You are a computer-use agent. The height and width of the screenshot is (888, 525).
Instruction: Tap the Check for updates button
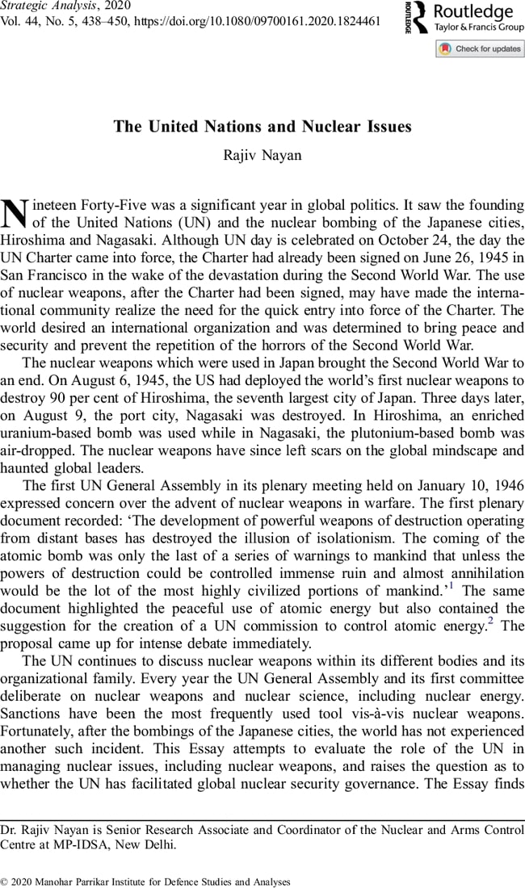click(480, 48)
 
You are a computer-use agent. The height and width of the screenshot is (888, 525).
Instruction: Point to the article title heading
click(262, 127)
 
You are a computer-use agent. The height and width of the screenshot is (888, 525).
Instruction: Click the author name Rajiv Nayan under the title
click(262, 155)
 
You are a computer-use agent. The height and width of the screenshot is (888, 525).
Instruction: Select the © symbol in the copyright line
click(5, 882)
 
